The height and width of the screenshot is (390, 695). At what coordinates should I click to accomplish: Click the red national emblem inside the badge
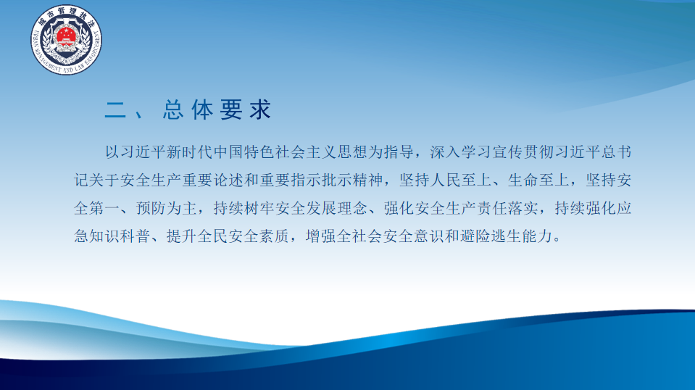(66, 35)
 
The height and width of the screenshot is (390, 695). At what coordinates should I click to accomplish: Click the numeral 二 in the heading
(115, 109)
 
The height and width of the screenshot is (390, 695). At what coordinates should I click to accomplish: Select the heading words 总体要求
(217, 109)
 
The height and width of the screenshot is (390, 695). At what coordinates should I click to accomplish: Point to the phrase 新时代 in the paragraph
(190, 152)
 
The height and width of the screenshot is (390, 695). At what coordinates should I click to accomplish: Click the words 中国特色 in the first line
(244, 152)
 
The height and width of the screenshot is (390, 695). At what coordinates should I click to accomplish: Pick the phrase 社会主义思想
(322, 152)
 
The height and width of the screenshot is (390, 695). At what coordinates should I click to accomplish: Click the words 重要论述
(213, 180)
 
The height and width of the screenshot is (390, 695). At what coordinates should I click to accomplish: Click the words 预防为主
(167, 208)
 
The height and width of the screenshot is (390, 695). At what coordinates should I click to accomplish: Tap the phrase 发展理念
(337, 208)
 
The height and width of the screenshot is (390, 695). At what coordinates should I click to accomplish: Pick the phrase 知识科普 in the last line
(120, 236)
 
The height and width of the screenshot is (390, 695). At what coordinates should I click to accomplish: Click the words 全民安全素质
(244, 236)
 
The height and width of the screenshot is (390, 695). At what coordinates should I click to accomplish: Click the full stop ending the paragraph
(557, 240)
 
